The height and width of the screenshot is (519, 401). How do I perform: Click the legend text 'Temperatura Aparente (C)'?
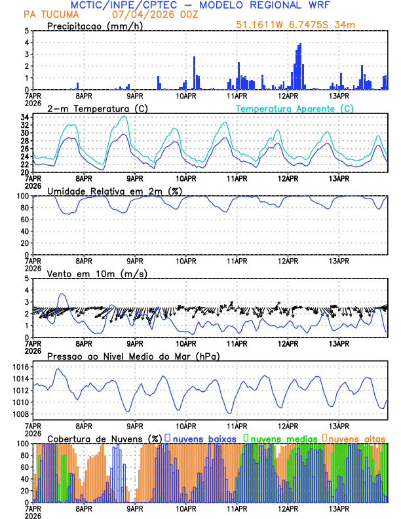(x=294, y=108)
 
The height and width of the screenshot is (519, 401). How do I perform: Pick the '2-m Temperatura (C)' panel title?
(x=91, y=108)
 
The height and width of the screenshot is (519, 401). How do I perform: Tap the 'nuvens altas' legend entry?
(x=356, y=438)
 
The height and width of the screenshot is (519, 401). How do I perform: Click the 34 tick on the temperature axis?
(x=24, y=117)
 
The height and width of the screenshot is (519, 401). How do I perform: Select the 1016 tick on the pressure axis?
(x=18, y=368)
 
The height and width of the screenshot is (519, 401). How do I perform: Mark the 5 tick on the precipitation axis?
(x=26, y=31)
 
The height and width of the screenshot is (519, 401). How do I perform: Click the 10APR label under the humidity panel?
(x=187, y=261)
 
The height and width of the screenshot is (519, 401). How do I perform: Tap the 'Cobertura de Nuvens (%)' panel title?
(x=104, y=438)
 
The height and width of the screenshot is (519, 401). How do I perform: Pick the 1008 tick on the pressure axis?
(x=18, y=414)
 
